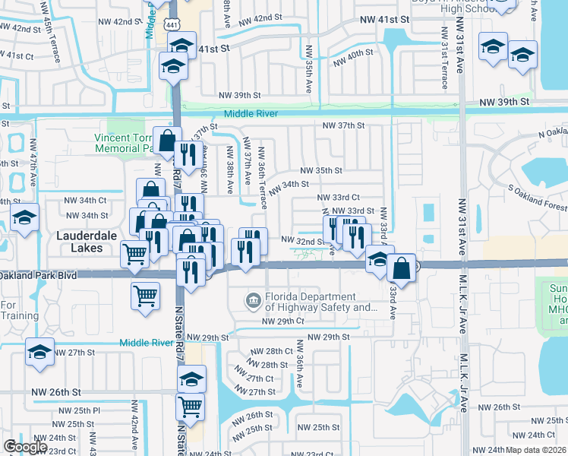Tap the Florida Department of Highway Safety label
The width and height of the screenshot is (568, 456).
pyautogui.click(x=320, y=302)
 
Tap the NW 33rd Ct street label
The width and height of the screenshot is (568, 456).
pyautogui.click(x=338, y=197)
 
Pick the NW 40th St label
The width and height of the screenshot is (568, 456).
pyautogui.click(x=350, y=53)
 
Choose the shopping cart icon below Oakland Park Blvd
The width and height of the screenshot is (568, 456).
pyautogui.click(x=145, y=296)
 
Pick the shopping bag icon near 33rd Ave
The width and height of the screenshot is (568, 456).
pyautogui.click(x=401, y=269)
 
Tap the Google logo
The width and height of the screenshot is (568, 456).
pyautogui.click(x=25, y=447)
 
